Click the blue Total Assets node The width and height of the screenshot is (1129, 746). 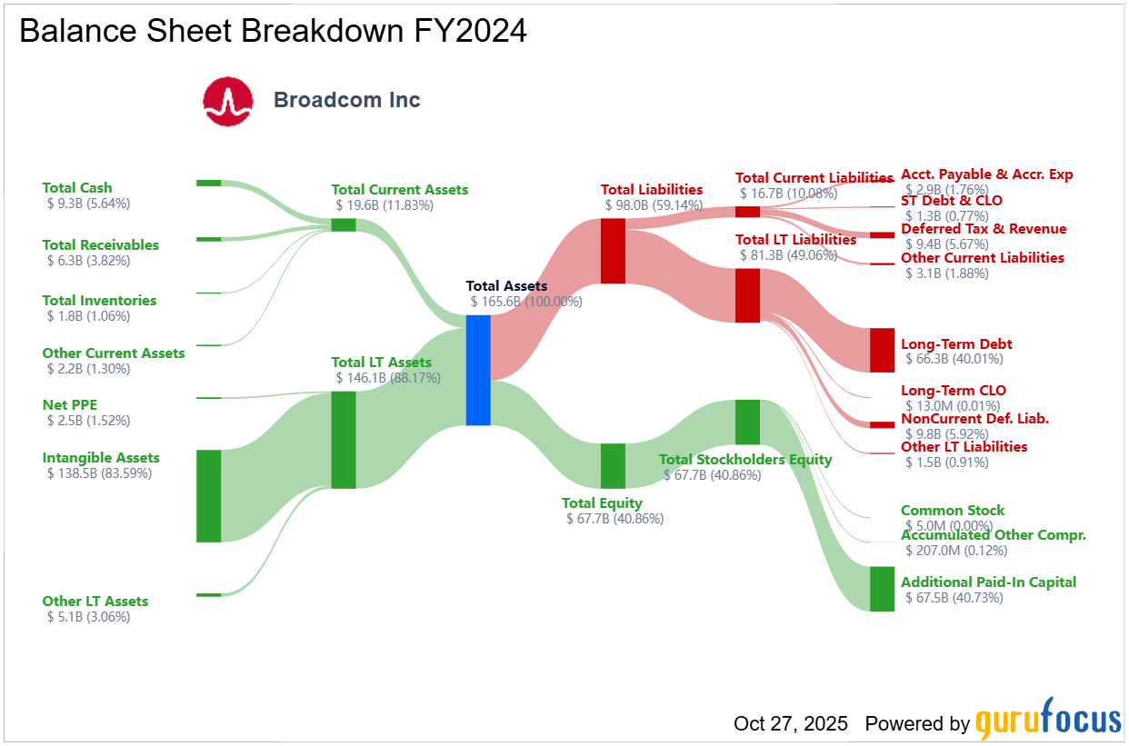(478, 370)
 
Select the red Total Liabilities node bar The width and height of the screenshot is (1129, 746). (613, 251)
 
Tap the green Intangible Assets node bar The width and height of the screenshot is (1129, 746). (208, 495)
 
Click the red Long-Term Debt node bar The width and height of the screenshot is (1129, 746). (882, 350)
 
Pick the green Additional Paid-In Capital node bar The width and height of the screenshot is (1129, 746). (882, 589)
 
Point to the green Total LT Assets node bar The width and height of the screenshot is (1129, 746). (343, 440)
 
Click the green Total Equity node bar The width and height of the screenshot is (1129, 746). (613, 466)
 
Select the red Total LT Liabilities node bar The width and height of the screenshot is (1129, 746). (747, 294)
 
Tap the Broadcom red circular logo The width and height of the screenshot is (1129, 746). (227, 101)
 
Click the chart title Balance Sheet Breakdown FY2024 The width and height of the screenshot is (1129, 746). (273, 31)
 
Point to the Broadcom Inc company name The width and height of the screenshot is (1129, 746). (347, 100)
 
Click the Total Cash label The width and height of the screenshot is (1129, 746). (77, 188)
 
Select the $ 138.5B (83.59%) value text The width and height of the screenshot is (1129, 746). (99, 473)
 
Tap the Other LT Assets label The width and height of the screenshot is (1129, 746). (95, 602)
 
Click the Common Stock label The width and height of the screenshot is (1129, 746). (952, 511)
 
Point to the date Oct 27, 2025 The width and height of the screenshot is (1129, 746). (790, 724)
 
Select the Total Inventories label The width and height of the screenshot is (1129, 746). (99, 301)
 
